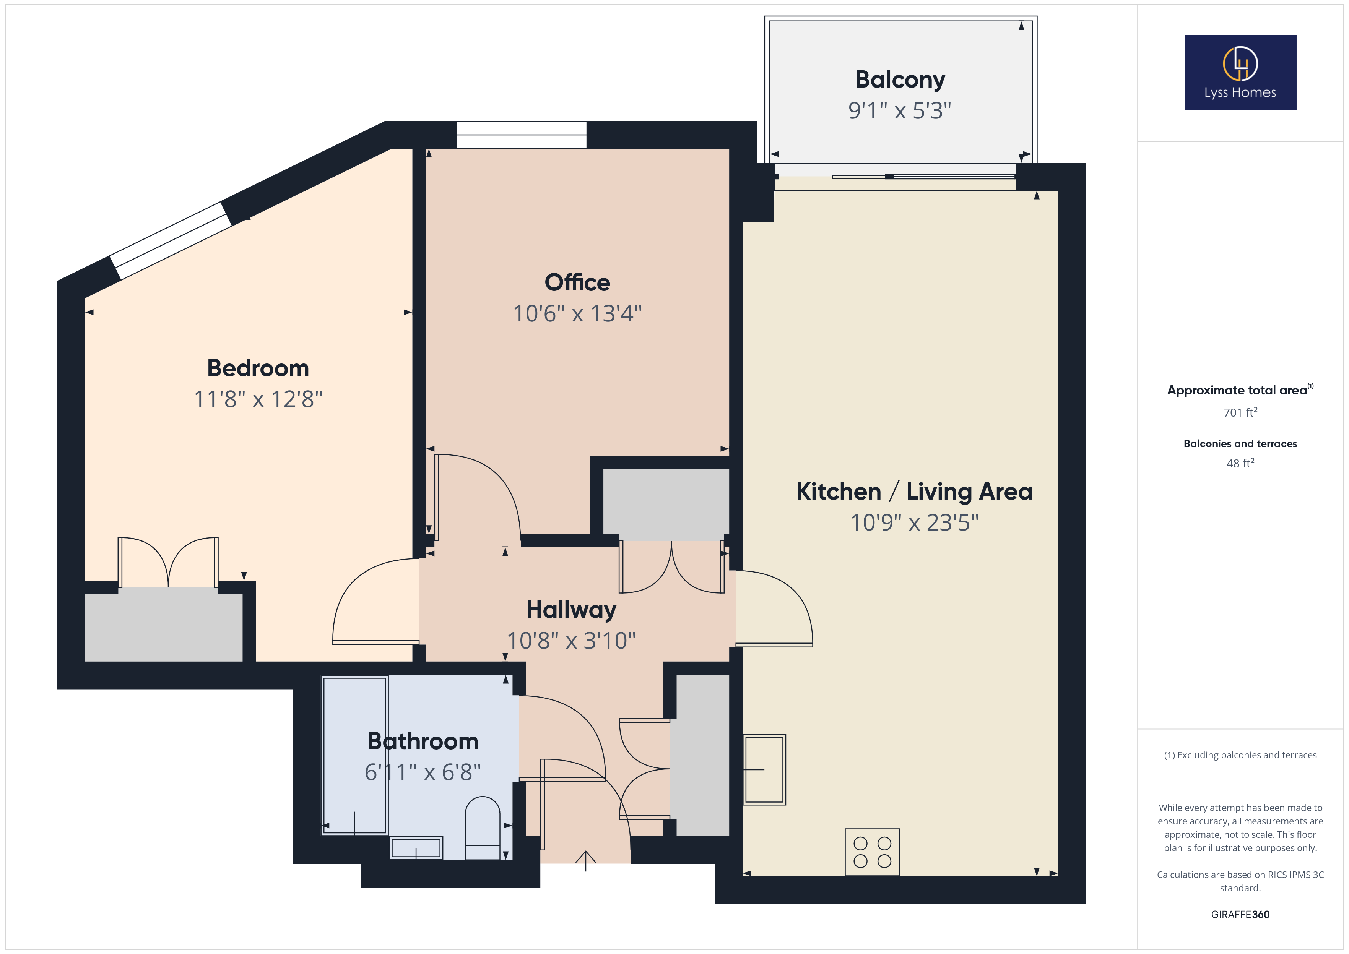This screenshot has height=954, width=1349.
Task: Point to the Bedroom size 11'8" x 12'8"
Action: click(258, 399)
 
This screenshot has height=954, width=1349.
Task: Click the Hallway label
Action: click(571, 610)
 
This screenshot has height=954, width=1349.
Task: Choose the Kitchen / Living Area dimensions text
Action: click(914, 522)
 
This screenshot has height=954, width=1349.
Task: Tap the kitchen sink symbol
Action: click(764, 769)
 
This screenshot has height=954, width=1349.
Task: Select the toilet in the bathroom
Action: click(483, 828)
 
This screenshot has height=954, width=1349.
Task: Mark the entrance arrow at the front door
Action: click(586, 861)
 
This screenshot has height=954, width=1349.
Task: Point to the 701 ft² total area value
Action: click(1240, 412)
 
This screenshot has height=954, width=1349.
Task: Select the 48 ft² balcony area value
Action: click(1240, 463)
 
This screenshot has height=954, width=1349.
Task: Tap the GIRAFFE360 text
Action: click(1240, 915)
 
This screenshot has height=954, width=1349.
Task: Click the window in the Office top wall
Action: click(521, 135)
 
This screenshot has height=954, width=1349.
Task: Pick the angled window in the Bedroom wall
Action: click(171, 240)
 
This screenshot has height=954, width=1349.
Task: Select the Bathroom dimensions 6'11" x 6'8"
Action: click(423, 772)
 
